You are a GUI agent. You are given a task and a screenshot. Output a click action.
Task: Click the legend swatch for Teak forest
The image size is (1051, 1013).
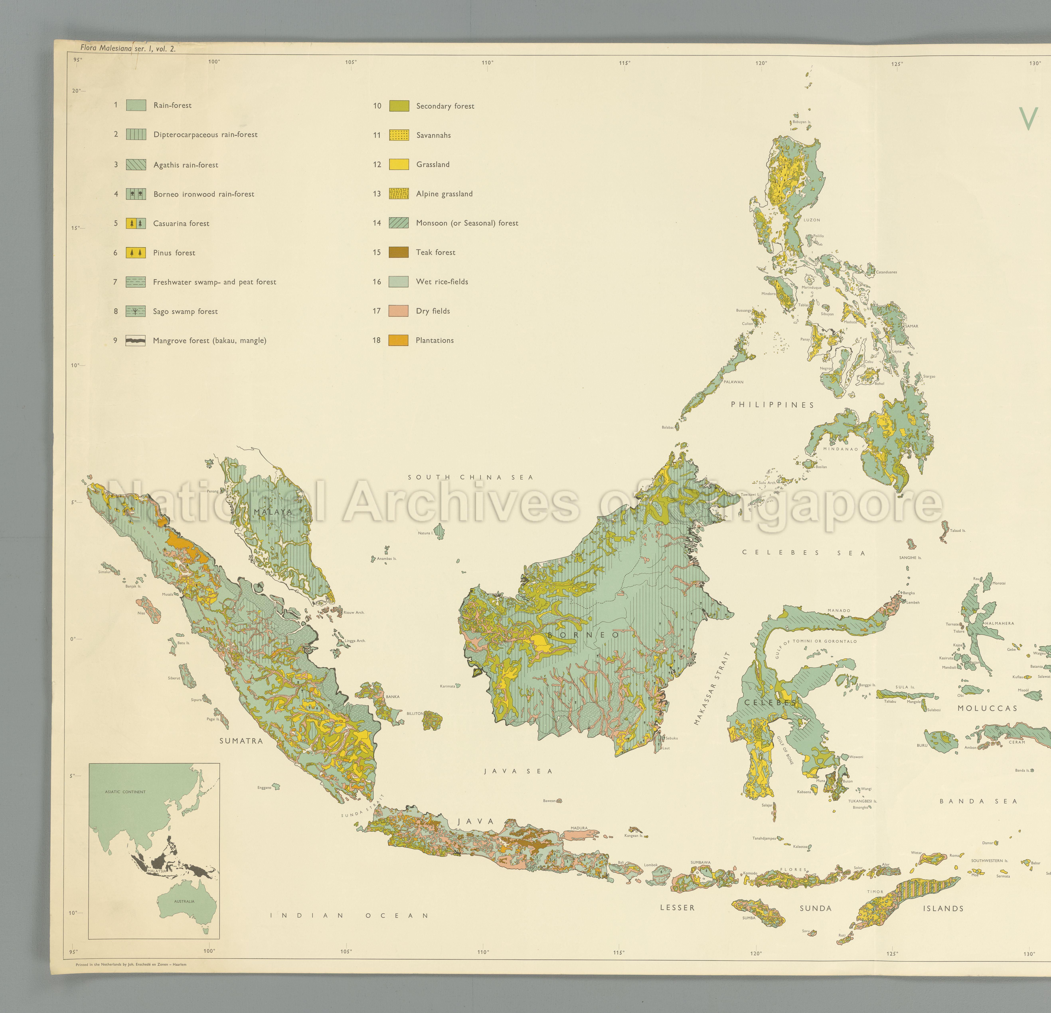click(398, 252)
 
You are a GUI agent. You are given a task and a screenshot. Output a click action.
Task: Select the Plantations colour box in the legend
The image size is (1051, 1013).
click(398, 340)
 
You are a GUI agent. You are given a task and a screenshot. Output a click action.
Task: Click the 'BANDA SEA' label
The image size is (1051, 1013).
click(978, 801)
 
